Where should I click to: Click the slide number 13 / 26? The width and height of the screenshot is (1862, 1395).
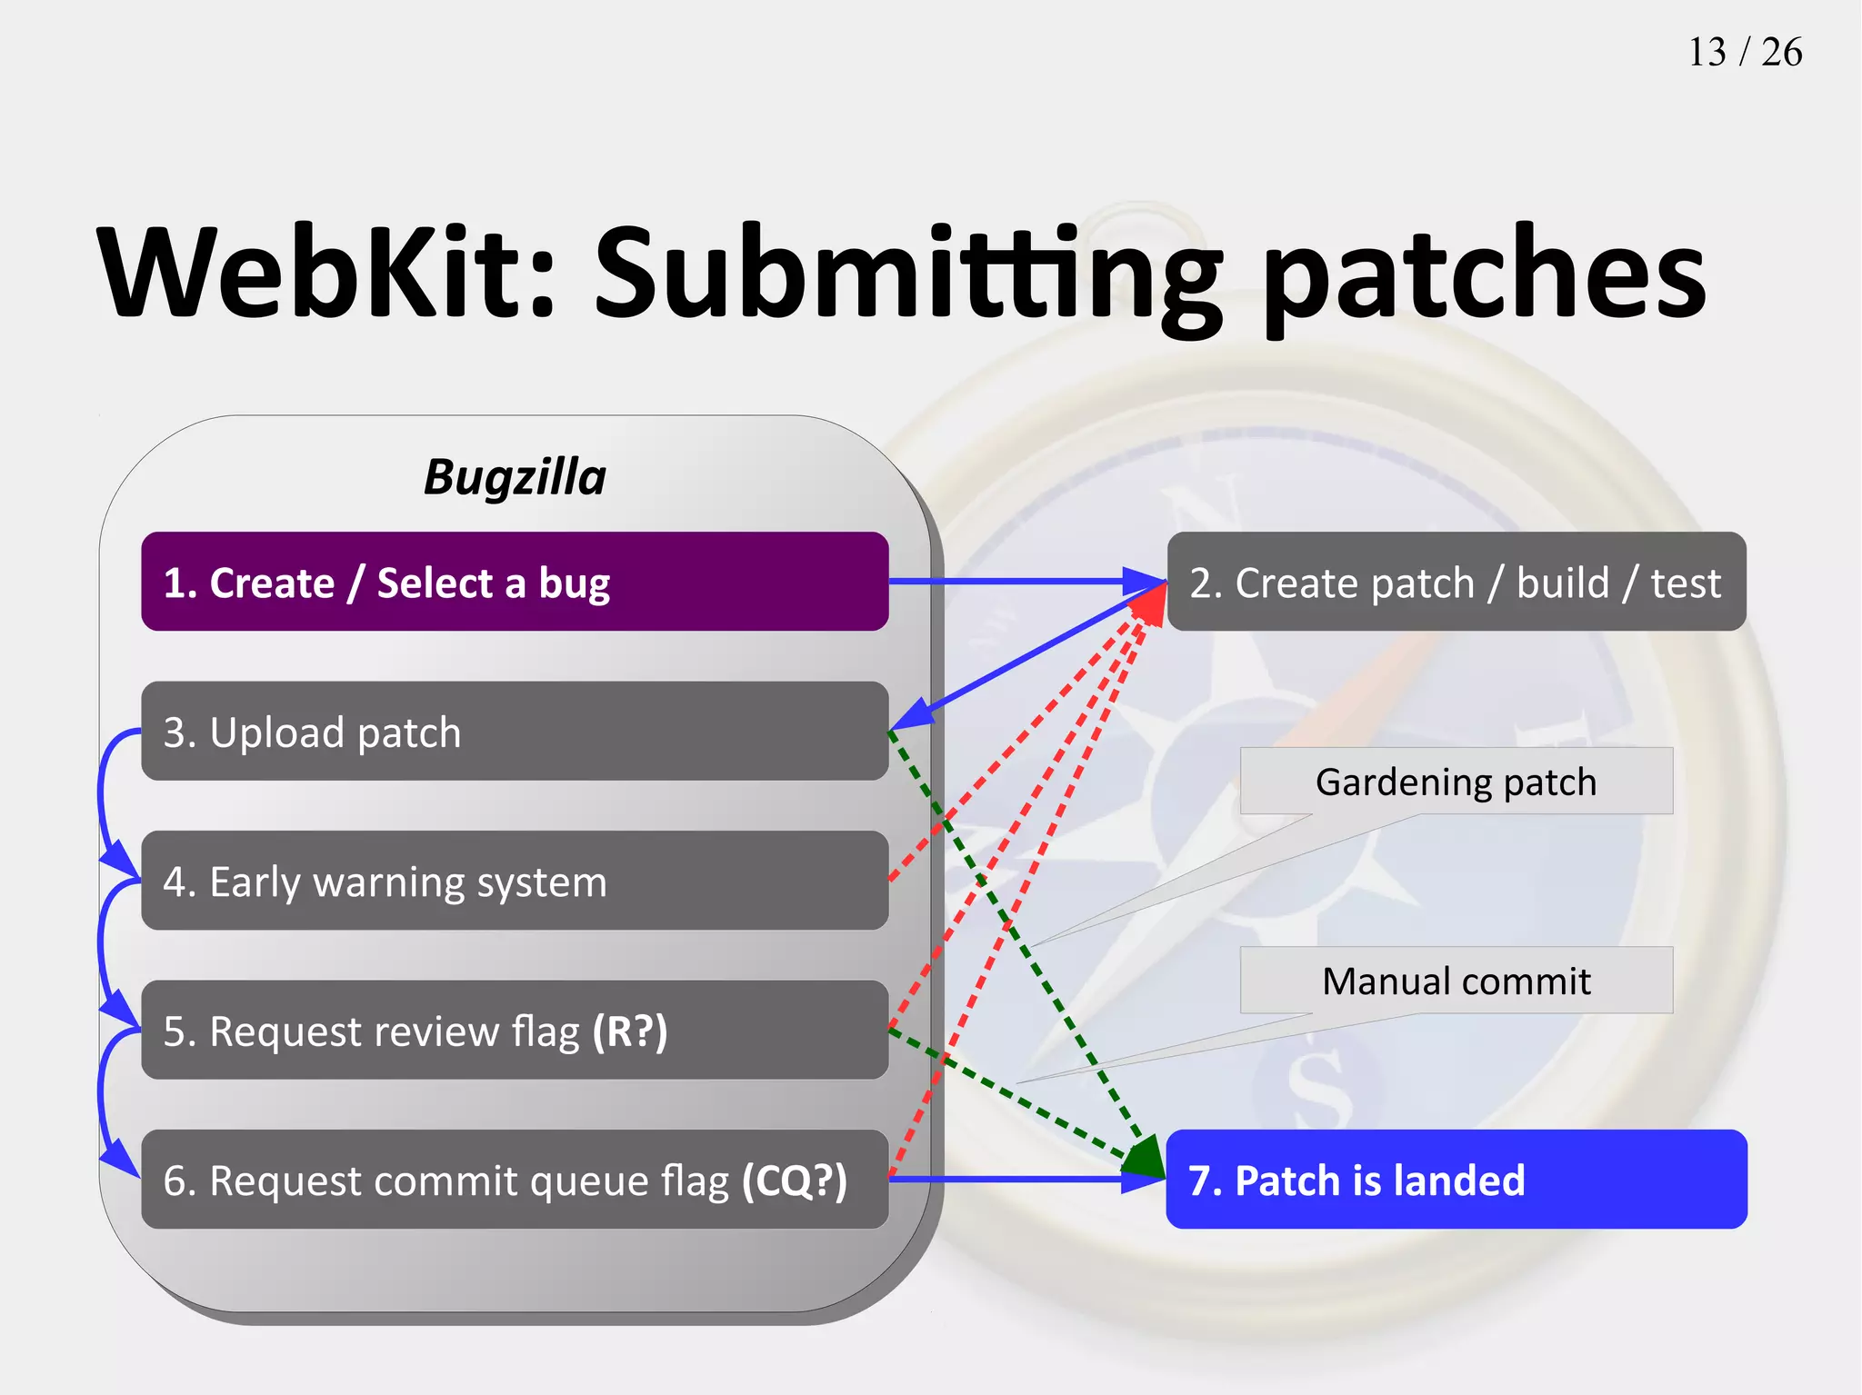pyautogui.click(x=1744, y=53)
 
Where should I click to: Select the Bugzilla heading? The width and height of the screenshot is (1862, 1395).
pyautogui.click(x=515, y=477)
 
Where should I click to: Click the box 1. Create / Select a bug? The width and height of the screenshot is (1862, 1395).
pyautogui.click(x=515, y=582)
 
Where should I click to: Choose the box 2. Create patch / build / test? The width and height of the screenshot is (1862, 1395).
pyautogui.click(x=1456, y=582)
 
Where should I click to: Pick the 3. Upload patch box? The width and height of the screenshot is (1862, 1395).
pyautogui.click(x=515, y=732)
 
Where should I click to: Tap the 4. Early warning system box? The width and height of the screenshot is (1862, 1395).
pyautogui.click(x=515, y=881)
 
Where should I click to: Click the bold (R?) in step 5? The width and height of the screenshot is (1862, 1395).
pyautogui.click(x=629, y=1031)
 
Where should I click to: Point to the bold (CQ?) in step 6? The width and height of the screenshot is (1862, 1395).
pyautogui.click(x=794, y=1181)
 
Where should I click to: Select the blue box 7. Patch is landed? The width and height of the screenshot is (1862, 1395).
pyautogui.click(x=1456, y=1180)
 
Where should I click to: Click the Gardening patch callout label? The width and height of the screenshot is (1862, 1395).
pyautogui.click(x=1456, y=782)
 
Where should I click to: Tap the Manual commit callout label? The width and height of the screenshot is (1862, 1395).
pyautogui.click(x=1456, y=981)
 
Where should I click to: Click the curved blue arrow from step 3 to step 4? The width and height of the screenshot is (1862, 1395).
pyautogui.click(x=101, y=800)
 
